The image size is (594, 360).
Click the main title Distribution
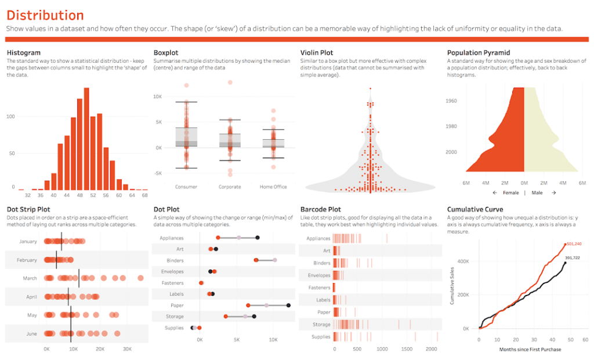[45, 16]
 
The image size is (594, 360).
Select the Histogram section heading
[23, 53]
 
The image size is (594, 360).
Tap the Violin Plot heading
[317, 53]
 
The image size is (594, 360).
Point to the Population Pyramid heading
[479, 53]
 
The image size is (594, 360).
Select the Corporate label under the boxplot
[230, 187]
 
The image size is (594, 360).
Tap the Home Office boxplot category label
[273, 187]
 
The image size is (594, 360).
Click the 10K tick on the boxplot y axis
[157, 96]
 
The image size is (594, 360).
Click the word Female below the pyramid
[511, 192]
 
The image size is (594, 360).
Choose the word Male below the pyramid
[538, 192]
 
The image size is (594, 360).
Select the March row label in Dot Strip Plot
[30, 278]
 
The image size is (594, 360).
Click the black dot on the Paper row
[288, 305]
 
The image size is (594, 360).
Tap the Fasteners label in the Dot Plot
[172, 283]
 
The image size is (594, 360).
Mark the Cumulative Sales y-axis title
[452, 286]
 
